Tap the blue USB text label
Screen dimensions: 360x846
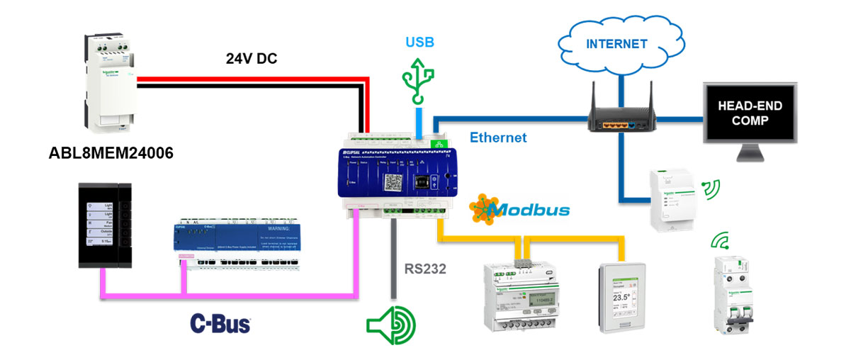point(420,43)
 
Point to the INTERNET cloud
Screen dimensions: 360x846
point(616,45)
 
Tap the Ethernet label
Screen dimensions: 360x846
point(498,137)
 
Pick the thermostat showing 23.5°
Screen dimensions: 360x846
point(621,297)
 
